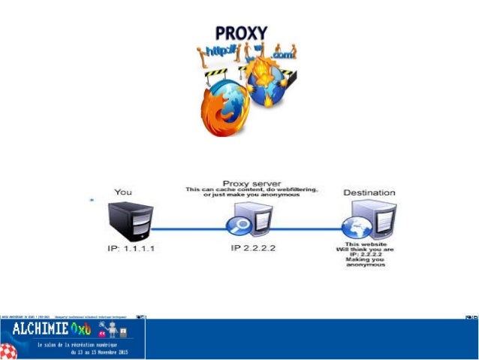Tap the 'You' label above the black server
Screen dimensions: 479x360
(x=123, y=192)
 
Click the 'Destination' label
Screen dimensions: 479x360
(x=369, y=192)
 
